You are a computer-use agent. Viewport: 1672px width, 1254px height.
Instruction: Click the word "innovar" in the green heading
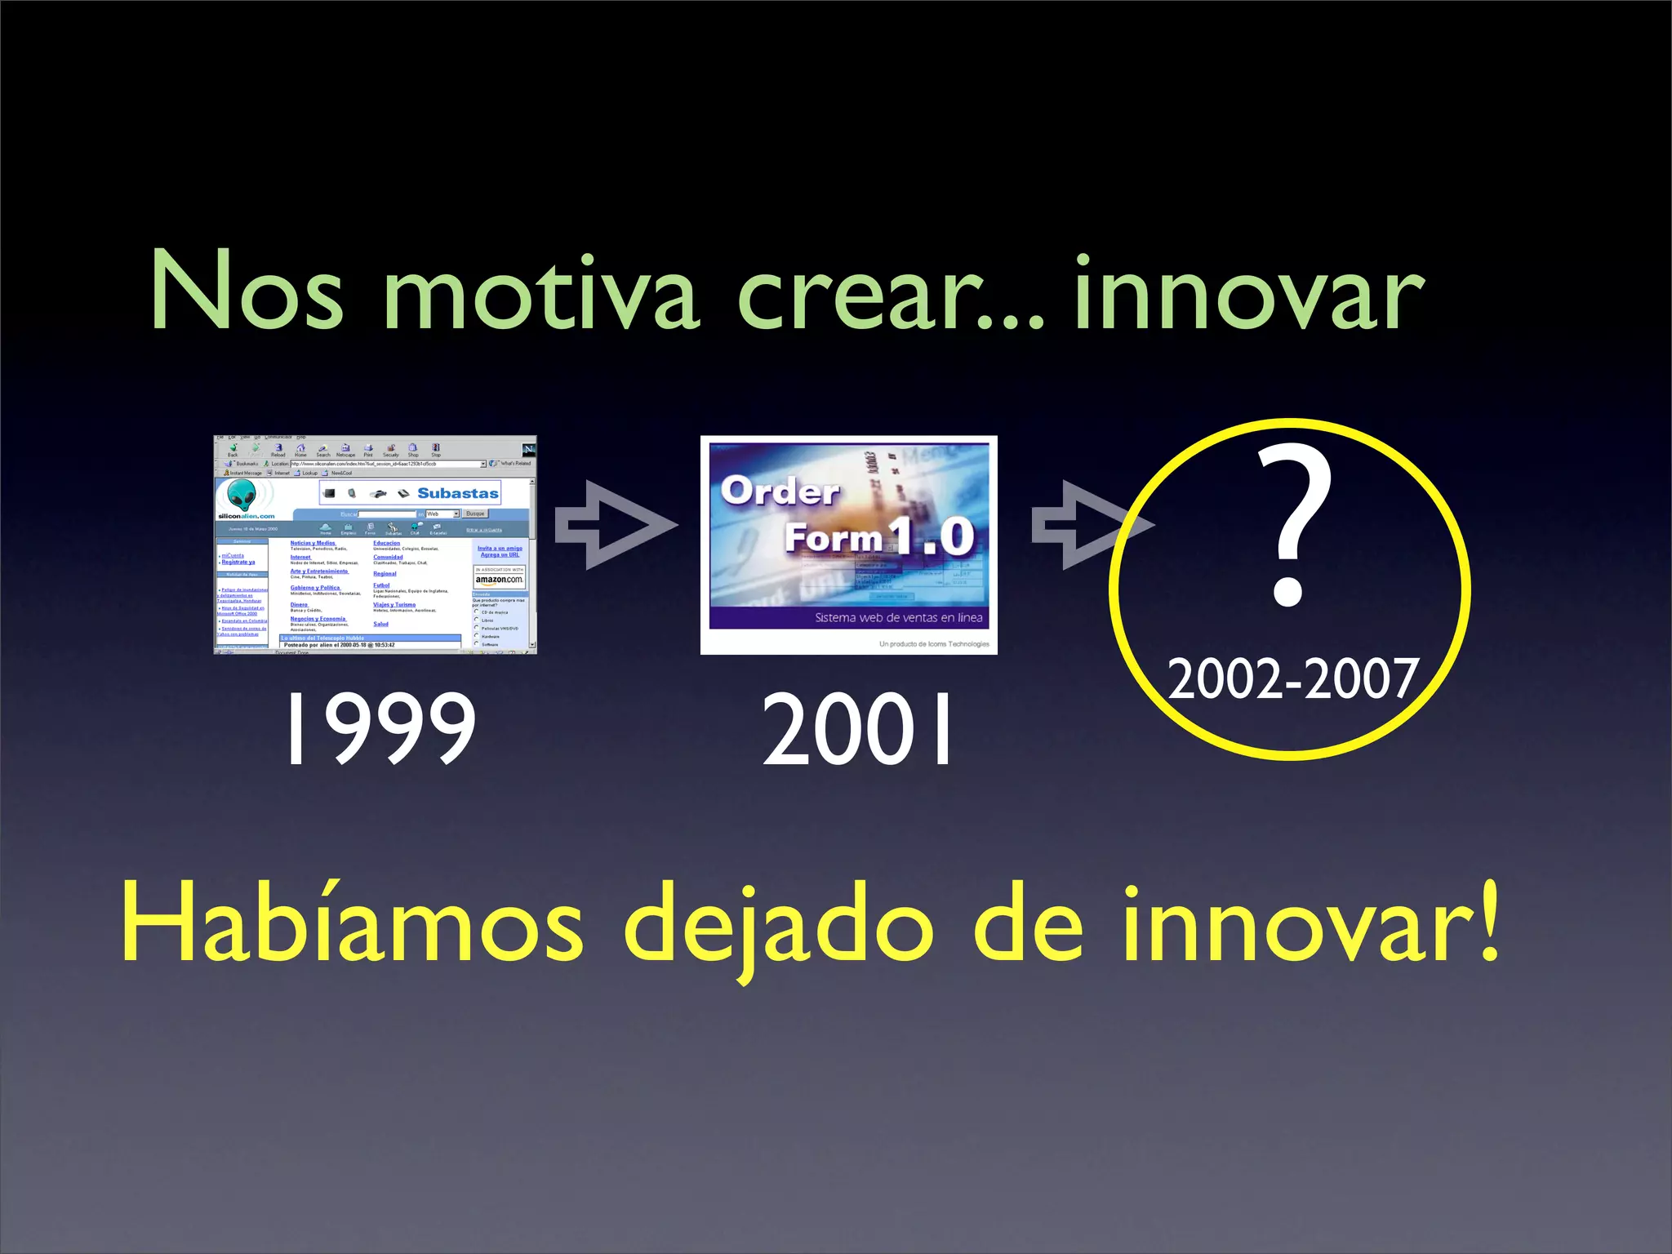(x=1249, y=292)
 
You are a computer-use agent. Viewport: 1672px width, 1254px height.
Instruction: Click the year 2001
(x=857, y=728)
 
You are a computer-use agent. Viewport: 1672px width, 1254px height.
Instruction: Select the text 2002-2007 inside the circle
(x=1292, y=678)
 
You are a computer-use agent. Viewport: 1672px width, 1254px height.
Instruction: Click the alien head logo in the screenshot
(x=242, y=495)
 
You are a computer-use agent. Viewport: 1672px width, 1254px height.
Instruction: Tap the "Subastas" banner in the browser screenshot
(x=457, y=493)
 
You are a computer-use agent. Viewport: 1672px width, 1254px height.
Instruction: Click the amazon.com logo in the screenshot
(x=499, y=580)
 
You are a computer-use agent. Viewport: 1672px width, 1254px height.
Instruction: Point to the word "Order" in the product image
(x=780, y=491)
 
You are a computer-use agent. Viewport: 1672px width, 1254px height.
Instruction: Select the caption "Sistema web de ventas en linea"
(x=898, y=617)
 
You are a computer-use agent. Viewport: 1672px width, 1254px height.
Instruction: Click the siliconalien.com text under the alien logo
(x=246, y=516)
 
